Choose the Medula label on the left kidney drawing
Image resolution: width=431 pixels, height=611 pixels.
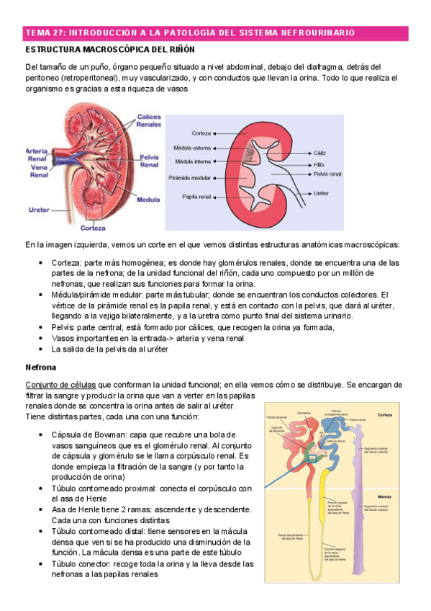[148, 198]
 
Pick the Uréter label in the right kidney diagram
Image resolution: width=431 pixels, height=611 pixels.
[322, 194]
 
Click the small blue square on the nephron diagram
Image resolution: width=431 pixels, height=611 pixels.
[312, 458]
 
